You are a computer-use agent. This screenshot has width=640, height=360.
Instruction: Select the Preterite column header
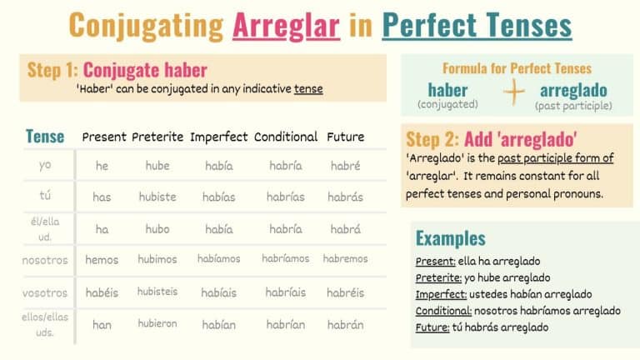[157, 137]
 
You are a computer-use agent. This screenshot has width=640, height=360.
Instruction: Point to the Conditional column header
[286, 137]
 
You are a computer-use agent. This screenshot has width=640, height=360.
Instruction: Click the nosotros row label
[45, 260]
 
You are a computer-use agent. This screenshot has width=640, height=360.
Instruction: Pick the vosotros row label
[45, 292]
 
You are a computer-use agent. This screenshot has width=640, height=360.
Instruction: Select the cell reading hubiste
[157, 197]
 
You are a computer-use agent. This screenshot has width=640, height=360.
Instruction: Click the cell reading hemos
[102, 260]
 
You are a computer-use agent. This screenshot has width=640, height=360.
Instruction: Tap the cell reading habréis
[345, 292]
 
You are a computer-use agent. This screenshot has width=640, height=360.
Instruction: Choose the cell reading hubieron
[157, 324]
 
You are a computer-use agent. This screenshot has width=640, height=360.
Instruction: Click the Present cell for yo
[102, 166]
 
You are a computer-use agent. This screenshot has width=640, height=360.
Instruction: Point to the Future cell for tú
[345, 197]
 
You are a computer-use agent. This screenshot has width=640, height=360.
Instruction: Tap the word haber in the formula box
[447, 90]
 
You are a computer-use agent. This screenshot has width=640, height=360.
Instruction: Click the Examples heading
[450, 237]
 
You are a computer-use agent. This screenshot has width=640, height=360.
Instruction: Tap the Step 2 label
[433, 138]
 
